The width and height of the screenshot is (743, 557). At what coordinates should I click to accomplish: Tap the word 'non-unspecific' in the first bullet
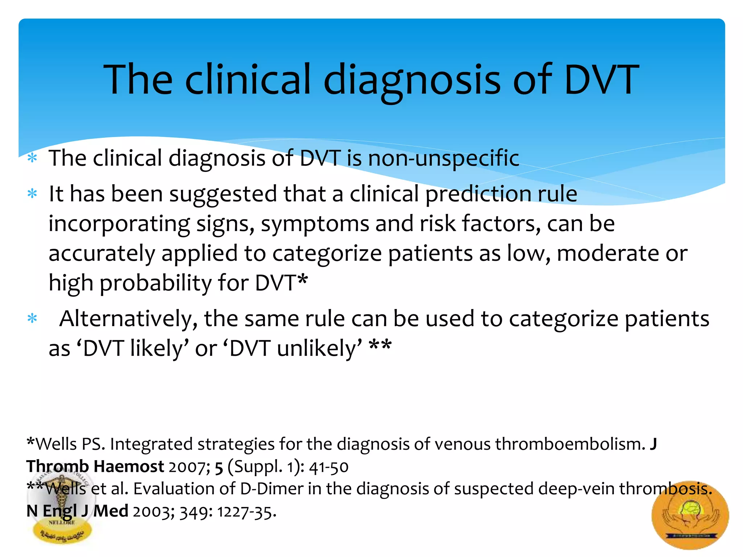[443, 158]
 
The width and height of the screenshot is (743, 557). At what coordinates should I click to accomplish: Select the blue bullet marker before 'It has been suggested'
[32, 194]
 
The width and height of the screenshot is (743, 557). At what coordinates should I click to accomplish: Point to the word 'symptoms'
[315, 223]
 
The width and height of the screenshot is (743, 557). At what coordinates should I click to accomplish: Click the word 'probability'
[156, 283]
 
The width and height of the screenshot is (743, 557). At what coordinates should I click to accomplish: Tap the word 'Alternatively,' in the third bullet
[128, 318]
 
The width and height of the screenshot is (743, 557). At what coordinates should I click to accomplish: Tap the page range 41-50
[329, 467]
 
